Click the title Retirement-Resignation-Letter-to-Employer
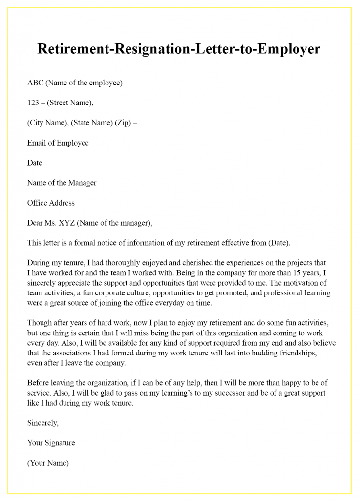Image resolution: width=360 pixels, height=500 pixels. tap(179, 49)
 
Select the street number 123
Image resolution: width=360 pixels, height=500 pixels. tap(33, 103)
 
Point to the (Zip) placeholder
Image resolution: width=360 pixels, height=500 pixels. tap(123, 123)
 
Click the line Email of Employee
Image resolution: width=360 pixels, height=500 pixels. tap(58, 143)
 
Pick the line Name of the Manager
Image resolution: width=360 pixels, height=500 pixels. tap(62, 183)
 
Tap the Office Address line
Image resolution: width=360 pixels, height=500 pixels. tap(51, 203)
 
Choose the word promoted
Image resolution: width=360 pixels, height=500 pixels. tap(233, 293)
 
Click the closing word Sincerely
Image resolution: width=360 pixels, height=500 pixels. tap(43, 423)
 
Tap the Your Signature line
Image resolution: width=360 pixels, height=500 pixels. tap(51, 443)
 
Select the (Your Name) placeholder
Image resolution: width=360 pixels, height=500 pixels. tap(48, 463)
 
